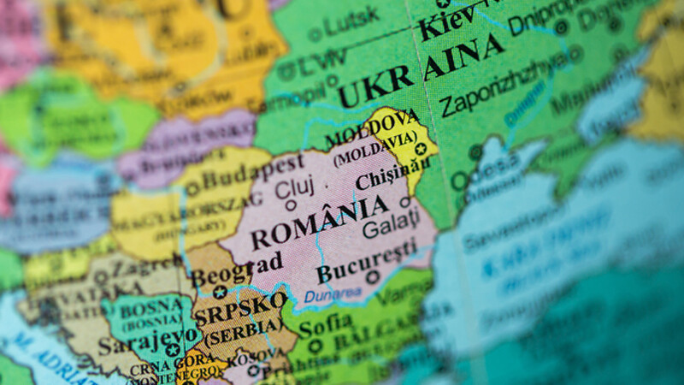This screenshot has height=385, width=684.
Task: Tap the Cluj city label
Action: pos(296,185)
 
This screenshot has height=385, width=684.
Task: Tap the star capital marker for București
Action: pos(372,277)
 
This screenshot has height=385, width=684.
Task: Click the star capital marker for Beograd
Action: pos(220,292)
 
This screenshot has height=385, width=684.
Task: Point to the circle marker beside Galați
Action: pos(405,203)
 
